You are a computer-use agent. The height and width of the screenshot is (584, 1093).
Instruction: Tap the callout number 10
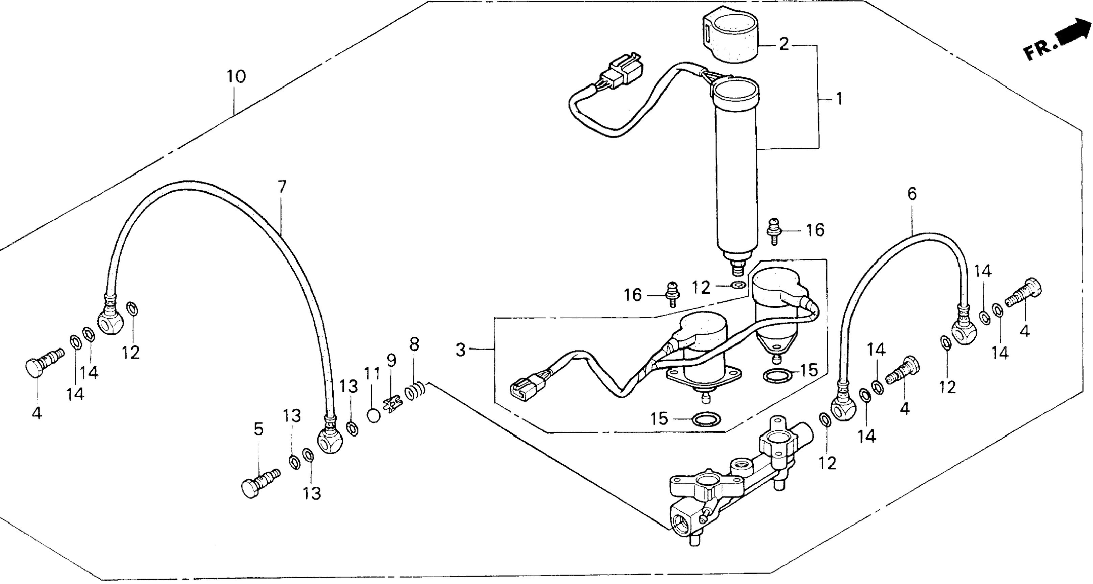pyautogui.click(x=236, y=77)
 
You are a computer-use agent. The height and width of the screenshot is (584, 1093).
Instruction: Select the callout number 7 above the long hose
pyautogui.click(x=282, y=186)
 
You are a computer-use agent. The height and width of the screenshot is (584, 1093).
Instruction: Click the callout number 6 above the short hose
pyautogui.click(x=912, y=194)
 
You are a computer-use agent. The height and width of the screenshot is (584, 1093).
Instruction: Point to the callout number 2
pyautogui.click(x=784, y=44)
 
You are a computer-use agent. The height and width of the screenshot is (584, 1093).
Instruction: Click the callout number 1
pyautogui.click(x=839, y=99)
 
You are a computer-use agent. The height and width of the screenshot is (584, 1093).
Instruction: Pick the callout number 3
pyautogui.click(x=460, y=350)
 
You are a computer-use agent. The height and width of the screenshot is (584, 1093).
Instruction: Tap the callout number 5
pyautogui.click(x=259, y=429)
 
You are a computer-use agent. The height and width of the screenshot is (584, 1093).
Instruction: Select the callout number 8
pyautogui.click(x=414, y=344)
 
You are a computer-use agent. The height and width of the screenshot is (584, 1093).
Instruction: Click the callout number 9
pyautogui.click(x=391, y=360)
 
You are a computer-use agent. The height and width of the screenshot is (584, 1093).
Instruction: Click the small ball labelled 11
pyautogui.click(x=374, y=415)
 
